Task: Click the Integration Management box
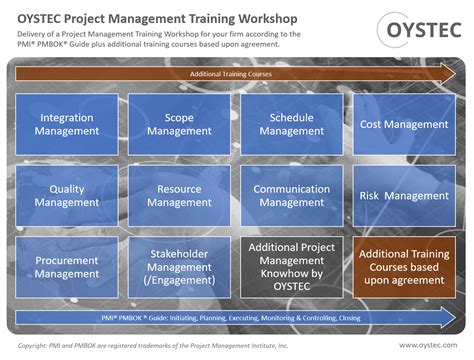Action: [67, 125]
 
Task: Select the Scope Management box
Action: [179, 125]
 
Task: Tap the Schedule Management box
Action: [291, 125]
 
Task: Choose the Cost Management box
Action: [403, 125]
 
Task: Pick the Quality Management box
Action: [67, 196]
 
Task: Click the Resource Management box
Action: [179, 196]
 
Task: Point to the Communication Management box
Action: [291, 196]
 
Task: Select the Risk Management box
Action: [403, 196]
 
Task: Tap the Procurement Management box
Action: [67, 267]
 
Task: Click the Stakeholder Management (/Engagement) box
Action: [179, 267]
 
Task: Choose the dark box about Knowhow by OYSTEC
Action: [291, 267]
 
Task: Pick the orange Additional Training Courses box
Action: [403, 267]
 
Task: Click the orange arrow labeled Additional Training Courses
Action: [236, 74]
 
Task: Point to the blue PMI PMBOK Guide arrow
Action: [236, 318]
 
